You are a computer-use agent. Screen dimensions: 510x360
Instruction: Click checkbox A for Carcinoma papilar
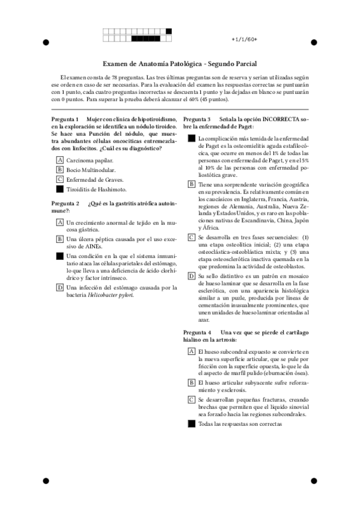(60, 161)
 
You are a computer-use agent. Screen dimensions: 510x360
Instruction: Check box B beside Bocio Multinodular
(60, 170)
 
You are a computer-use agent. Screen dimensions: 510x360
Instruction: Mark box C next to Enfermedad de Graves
(60, 179)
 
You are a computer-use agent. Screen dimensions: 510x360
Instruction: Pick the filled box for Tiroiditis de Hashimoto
(60, 189)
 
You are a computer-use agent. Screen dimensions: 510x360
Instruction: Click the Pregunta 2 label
(65, 203)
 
